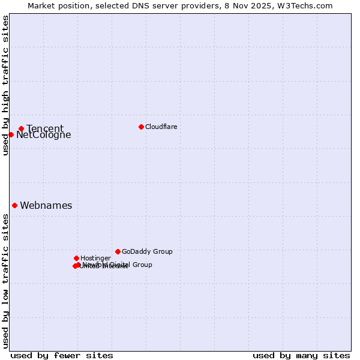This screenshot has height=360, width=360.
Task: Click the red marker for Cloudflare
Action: (x=141, y=127)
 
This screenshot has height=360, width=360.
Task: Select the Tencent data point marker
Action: (x=21, y=128)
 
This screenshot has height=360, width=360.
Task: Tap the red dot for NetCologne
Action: (x=11, y=134)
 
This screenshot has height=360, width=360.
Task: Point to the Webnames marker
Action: (x=14, y=205)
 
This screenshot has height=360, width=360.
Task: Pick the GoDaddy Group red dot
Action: (x=118, y=251)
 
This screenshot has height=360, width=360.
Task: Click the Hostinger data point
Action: (x=76, y=258)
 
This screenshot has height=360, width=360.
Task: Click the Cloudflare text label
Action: (x=161, y=127)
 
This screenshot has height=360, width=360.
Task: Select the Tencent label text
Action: (x=45, y=128)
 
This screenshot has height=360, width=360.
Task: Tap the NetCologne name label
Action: (x=43, y=135)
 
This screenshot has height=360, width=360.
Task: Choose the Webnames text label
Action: (x=46, y=206)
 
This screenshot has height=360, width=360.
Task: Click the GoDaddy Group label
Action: (x=147, y=252)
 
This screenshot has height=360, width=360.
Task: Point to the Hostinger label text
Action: (x=95, y=259)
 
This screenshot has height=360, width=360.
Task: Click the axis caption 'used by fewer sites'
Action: (x=62, y=355)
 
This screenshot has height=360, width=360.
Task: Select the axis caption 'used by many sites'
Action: (x=301, y=355)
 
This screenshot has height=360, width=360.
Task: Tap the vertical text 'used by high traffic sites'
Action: (x=5, y=85)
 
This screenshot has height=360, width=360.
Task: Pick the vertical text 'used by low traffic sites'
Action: (x=5, y=281)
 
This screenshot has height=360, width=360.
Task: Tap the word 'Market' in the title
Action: (x=43, y=5)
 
